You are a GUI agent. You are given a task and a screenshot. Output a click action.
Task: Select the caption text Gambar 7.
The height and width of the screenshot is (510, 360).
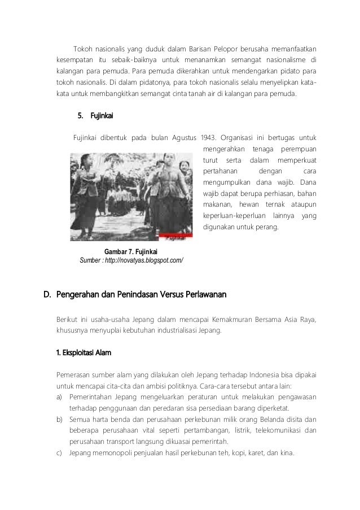point(117,251)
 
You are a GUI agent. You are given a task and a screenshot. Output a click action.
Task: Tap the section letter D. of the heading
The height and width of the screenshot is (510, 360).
point(48,294)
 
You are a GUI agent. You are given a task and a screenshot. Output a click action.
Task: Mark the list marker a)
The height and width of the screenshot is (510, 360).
point(59,397)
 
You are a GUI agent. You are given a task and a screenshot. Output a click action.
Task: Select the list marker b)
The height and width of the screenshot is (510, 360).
point(59,420)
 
